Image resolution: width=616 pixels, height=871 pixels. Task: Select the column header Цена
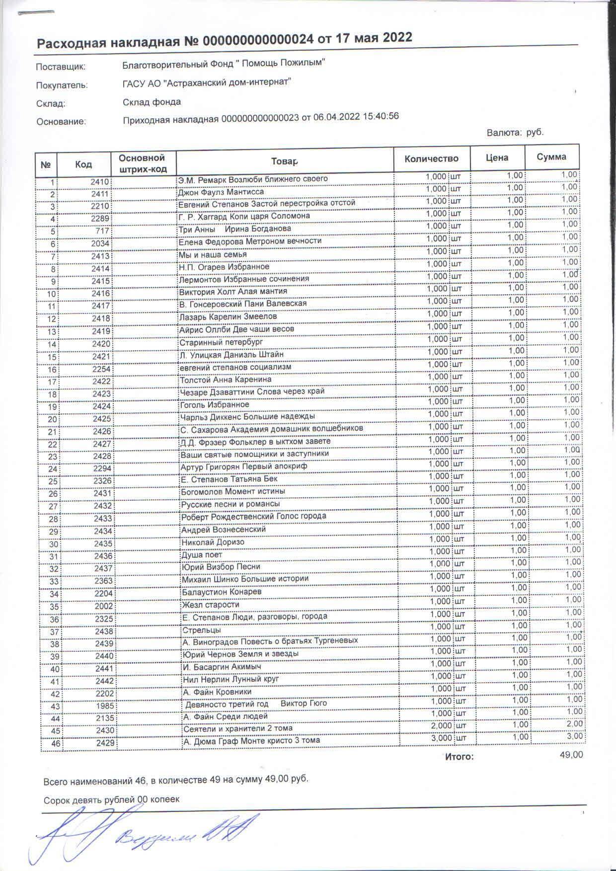pos(497,158)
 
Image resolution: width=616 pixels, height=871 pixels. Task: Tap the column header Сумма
pos(551,157)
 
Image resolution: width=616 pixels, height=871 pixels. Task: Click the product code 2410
pos(99,182)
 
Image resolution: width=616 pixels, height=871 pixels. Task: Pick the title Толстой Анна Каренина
pos(226,380)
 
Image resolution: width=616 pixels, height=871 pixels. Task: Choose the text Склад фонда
pos(152,102)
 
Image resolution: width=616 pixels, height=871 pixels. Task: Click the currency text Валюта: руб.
pos(515,133)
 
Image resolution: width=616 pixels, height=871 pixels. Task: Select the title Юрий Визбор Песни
pos(221,566)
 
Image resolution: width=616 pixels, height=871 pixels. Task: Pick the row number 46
pos(53,744)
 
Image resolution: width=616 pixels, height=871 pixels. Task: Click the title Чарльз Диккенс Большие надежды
pos(247,416)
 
